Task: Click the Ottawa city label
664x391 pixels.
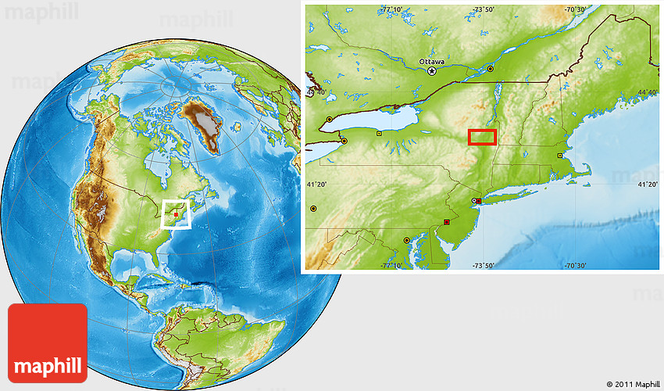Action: pos(431,61)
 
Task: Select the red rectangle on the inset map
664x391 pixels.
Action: pos(482,137)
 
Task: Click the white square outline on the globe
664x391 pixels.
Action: pos(177,214)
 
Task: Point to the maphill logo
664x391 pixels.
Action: pos(47,343)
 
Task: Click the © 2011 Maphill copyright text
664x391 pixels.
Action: pos(631,385)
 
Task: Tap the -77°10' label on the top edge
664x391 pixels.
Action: pos(393,9)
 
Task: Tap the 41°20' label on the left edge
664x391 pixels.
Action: pos(316,185)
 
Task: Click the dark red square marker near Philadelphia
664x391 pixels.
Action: pos(446,222)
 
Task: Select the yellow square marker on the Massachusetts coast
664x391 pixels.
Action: pos(559,156)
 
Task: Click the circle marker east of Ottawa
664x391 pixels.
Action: pos(491,70)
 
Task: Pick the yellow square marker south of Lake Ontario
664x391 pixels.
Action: pos(379,134)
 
